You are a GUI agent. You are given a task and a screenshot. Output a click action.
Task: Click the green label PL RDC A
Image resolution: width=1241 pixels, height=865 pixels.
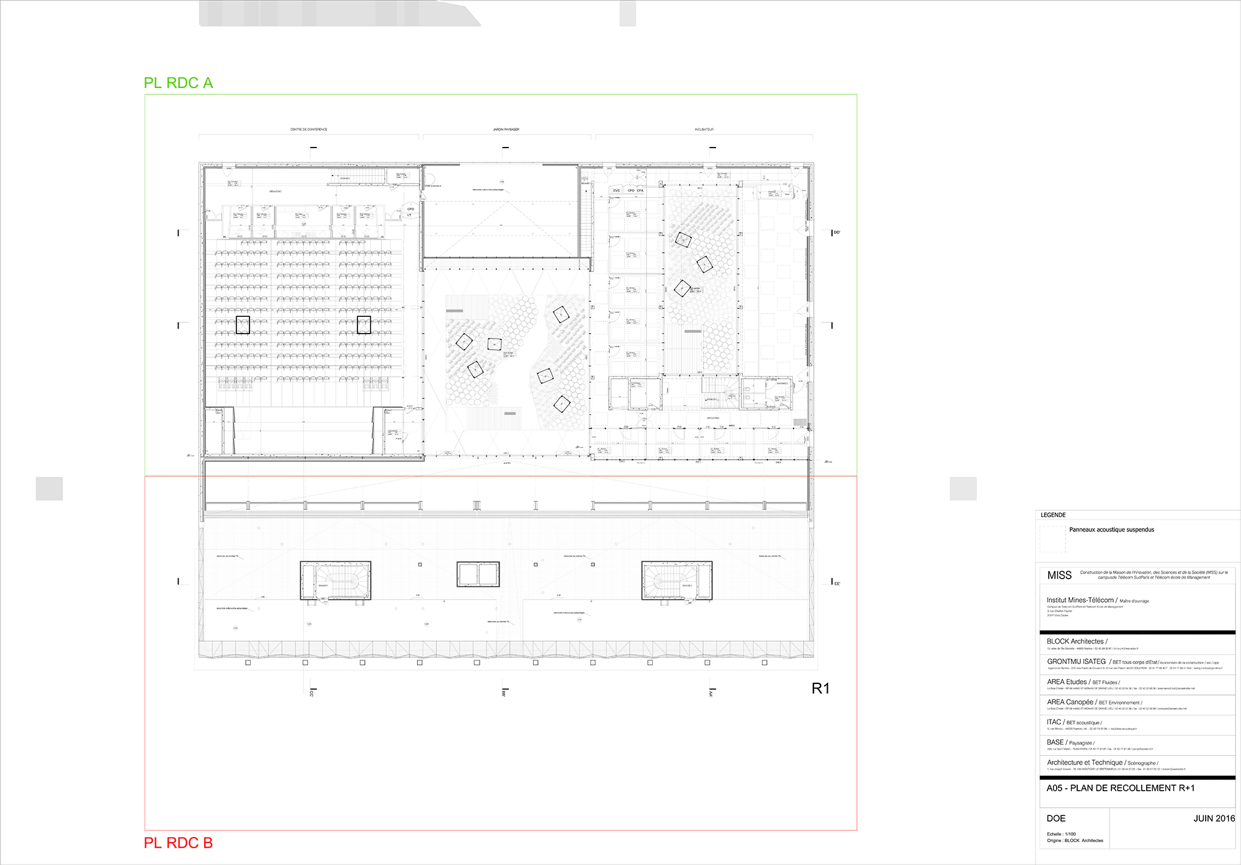coord(178,83)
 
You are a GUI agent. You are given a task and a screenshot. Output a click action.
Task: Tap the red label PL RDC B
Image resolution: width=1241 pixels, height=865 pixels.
coord(178,843)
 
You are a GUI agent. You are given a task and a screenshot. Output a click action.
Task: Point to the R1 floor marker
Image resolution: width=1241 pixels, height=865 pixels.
coord(820,688)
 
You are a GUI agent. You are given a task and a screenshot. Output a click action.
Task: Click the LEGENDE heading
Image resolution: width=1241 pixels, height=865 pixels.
coord(1053,515)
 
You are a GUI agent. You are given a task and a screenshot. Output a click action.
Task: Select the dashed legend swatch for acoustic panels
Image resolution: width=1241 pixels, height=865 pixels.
coord(1052,539)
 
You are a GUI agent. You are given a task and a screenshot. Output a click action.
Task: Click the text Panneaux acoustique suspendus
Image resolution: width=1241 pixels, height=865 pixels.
coord(1111,530)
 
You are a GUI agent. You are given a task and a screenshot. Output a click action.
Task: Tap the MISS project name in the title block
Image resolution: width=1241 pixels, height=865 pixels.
coord(1059,575)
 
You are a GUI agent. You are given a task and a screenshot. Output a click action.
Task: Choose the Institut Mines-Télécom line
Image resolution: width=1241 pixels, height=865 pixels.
coord(1080,600)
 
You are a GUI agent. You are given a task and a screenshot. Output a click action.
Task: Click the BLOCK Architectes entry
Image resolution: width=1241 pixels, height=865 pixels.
coord(1075,642)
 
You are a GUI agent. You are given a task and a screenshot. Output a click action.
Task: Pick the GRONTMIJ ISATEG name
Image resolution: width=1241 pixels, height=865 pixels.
coord(1077,662)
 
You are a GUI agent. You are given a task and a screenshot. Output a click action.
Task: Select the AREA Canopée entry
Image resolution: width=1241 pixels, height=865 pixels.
coord(1070,703)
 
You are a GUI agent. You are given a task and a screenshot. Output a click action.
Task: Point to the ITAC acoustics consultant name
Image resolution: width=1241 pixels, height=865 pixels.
coord(1054,722)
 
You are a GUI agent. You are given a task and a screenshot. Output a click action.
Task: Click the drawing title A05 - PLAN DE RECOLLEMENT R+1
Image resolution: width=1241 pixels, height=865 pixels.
coord(1121,788)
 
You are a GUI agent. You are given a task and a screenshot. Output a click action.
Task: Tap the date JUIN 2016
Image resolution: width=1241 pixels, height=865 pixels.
coord(1214,818)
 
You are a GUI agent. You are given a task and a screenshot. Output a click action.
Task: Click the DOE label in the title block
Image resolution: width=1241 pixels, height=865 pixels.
coord(1056,818)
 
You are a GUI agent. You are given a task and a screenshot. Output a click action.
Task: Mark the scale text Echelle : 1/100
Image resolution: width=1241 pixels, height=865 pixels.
coord(1061,835)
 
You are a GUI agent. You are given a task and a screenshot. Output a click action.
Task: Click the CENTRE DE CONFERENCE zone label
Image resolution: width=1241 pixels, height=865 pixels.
coord(308,130)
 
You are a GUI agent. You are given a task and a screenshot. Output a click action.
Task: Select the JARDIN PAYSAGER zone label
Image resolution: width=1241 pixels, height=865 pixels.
coord(506,130)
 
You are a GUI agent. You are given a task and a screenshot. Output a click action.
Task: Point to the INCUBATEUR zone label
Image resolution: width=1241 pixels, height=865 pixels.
coord(704,130)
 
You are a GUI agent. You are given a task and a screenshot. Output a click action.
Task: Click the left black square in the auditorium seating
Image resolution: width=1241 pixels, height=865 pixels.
coord(243,325)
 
